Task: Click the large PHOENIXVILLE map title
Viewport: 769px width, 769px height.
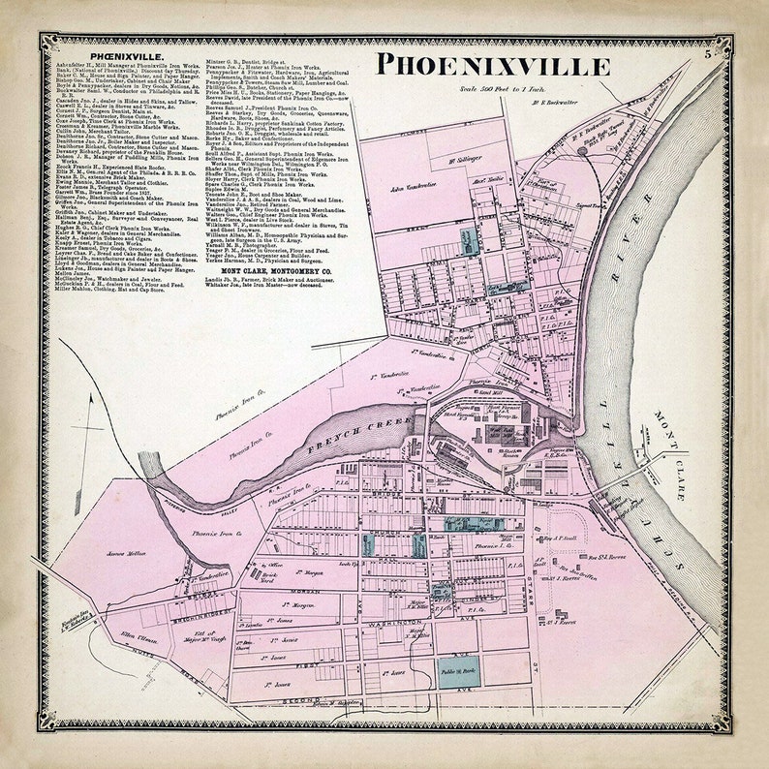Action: [x=493, y=66]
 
